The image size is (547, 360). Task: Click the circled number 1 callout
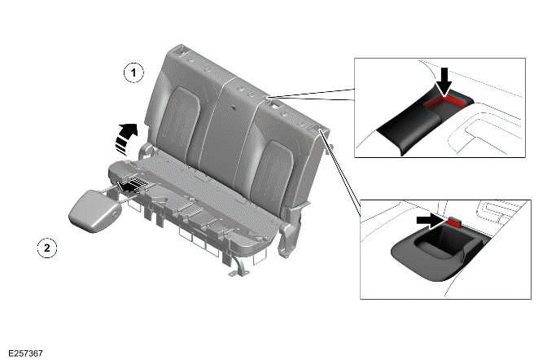click(133, 72)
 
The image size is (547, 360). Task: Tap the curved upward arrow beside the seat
click(125, 136)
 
